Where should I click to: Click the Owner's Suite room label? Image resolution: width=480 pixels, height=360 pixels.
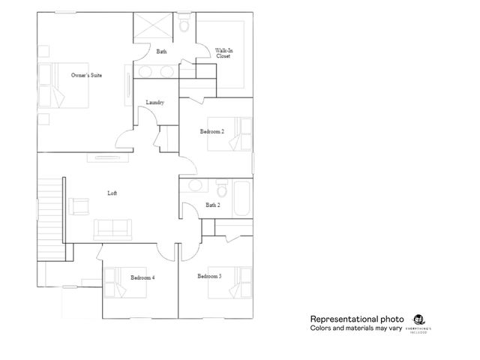coord(86,75)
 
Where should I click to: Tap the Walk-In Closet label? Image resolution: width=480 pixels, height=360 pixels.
coord(223,52)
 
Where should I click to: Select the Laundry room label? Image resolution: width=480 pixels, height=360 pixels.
coord(155,102)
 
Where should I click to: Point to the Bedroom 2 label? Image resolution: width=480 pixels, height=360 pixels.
coord(211,131)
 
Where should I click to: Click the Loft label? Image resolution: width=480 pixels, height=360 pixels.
coord(112,193)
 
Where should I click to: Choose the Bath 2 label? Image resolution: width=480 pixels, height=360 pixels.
coord(212,205)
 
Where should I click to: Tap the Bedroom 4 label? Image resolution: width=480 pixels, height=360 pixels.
coord(142,277)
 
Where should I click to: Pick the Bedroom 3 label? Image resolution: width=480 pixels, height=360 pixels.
coord(209,276)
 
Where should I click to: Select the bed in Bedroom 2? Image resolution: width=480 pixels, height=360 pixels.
coord(239,133)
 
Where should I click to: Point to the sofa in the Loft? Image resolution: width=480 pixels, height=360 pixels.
coord(112,228)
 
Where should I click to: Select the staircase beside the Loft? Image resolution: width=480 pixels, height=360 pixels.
coord(49,214)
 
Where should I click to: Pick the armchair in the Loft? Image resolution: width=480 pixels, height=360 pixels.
coord(79,205)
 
